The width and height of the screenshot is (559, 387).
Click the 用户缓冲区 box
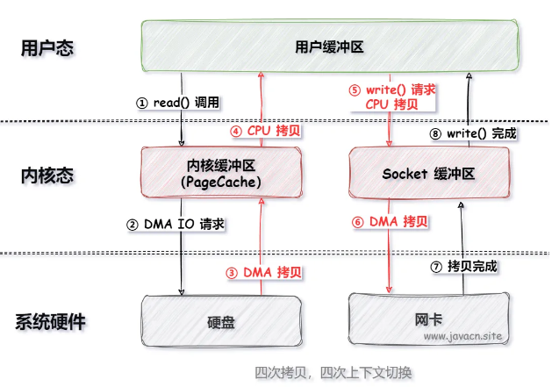(x=329, y=46)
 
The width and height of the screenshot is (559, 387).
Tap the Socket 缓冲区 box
(x=428, y=174)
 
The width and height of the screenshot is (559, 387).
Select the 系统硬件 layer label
(x=51, y=321)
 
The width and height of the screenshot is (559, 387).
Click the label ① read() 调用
(x=177, y=103)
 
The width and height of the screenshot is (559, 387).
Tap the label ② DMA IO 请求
(x=176, y=225)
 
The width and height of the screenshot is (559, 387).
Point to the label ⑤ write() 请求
(x=391, y=90)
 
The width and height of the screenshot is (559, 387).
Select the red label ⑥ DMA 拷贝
(x=389, y=222)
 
